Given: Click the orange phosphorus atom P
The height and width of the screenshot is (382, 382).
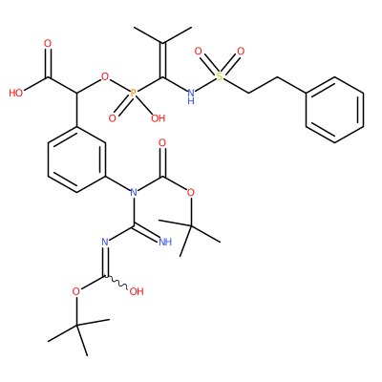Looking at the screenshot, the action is (134, 94).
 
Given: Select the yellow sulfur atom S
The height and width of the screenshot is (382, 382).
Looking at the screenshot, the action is (219, 76).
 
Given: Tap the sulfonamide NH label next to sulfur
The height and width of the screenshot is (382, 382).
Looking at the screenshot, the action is (191, 96).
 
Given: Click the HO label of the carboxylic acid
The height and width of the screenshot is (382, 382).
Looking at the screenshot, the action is (16, 93).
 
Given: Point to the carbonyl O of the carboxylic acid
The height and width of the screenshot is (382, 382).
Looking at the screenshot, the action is (48, 43).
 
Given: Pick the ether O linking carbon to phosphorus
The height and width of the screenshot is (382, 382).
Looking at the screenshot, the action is (105, 76).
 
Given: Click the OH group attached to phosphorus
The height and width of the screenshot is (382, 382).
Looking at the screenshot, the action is (159, 118).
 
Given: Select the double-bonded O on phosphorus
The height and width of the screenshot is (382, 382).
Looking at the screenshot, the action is (112, 118).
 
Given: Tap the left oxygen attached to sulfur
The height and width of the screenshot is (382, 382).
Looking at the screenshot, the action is (198, 51).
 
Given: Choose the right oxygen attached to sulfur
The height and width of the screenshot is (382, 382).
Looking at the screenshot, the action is (241, 51).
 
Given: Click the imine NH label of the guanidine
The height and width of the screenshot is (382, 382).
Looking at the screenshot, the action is (165, 242).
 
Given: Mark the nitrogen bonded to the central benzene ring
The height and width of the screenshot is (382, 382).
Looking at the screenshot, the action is (134, 192).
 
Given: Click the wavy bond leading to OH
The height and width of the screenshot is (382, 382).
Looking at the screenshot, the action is (117, 283).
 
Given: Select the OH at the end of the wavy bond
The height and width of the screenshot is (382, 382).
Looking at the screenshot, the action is (137, 291).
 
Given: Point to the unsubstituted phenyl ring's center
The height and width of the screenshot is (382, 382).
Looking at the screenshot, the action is (334, 110).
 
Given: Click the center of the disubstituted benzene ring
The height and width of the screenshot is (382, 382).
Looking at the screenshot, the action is (76, 159).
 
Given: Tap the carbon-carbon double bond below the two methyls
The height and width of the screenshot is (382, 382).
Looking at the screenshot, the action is (162, 60).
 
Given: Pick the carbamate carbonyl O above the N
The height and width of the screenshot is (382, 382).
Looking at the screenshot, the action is (162, 142).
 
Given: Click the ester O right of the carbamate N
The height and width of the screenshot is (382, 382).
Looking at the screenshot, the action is (191, 192).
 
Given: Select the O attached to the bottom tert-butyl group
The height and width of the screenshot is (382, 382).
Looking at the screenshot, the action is (76, 291).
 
